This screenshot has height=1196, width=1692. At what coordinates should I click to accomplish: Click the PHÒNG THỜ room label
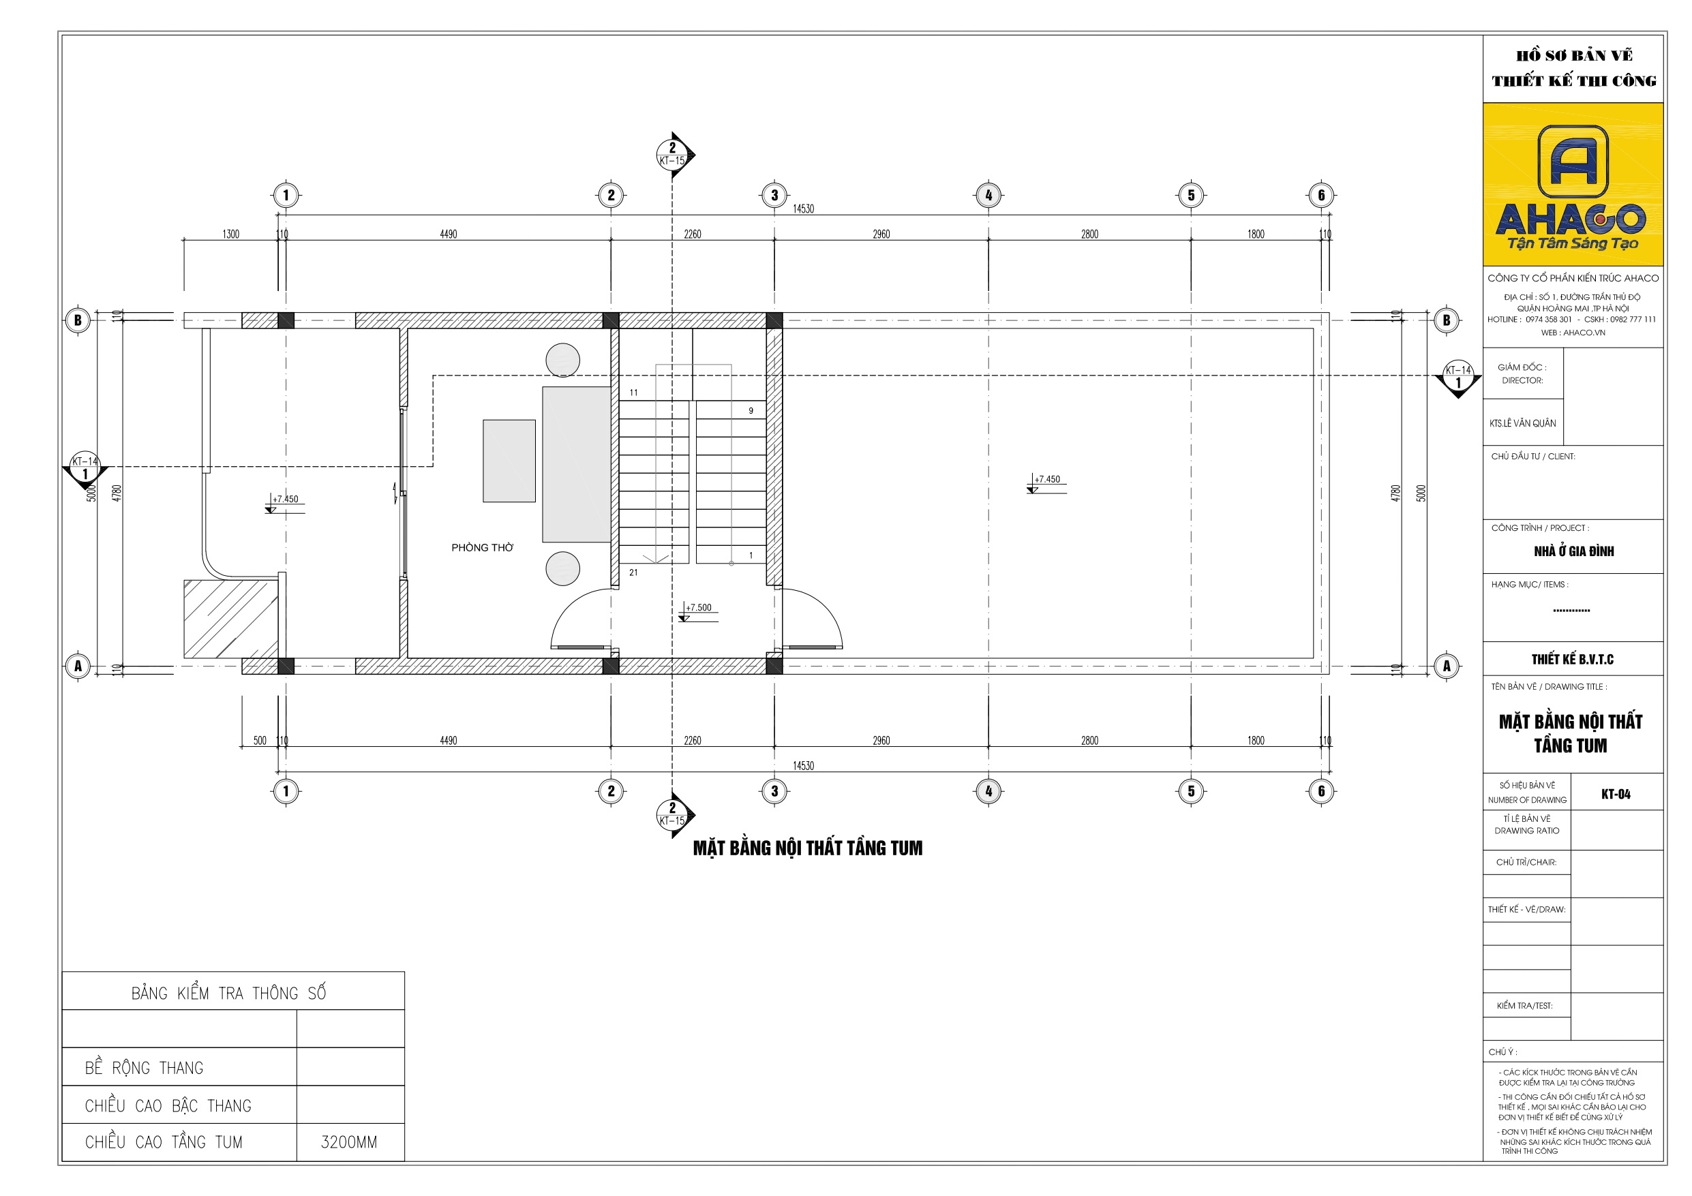(482, 547)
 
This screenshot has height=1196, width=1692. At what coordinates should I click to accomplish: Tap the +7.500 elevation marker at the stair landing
(698, 609)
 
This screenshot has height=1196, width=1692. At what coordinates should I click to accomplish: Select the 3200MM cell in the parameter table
(349, 1142)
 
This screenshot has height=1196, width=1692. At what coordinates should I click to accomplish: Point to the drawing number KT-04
(1616, 794)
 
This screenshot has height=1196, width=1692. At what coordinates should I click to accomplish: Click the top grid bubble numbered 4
(988, 196)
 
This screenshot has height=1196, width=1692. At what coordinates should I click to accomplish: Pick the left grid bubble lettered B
(78, 320)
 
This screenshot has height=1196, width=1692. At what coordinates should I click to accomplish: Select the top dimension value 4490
(448, 234)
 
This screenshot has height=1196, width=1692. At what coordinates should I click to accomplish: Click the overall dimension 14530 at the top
(803, 209)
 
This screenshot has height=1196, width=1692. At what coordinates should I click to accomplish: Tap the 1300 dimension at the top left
(230, 234)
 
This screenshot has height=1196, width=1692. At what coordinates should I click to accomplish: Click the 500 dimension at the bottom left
(260, 741)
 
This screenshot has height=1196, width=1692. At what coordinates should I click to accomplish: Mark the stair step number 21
(634, 572)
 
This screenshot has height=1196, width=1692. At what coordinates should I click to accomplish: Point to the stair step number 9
(751, 411)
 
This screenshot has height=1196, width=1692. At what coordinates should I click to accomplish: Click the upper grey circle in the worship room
(563, 361)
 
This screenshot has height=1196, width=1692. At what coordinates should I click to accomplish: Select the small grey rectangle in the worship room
(509, 461)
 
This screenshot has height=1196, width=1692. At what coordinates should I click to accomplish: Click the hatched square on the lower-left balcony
(230, 619)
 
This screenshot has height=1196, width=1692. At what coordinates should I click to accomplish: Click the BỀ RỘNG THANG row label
(144, 1068)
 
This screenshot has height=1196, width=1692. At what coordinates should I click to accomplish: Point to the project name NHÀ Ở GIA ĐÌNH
(1573, 551)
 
